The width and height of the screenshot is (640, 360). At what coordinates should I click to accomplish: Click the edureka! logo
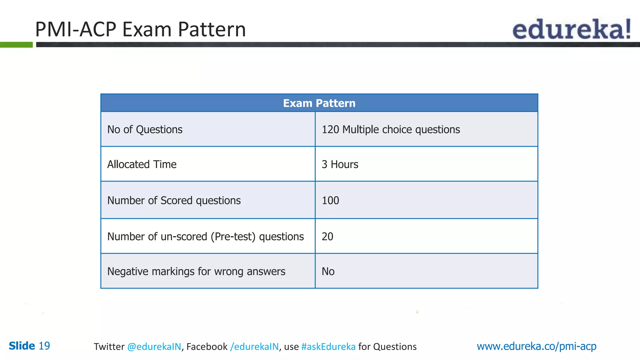(571, 29)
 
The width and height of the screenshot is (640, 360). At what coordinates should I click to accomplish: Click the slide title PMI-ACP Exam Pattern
(140, 29)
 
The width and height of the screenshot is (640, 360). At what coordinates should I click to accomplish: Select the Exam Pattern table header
(319, 103)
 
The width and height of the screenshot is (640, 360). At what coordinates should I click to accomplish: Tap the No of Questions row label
(145, 129)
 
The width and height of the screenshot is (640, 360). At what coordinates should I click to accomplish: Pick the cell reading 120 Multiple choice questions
(391, 129)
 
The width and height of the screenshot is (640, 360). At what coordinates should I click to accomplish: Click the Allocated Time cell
(142, 164)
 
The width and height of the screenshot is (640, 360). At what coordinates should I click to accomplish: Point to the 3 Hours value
(340, 164)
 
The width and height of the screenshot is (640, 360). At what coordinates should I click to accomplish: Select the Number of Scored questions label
(174, 200)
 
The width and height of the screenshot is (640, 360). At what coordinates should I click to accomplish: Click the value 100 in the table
(330, 200)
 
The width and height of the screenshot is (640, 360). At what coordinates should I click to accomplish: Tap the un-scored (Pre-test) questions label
(205, 237)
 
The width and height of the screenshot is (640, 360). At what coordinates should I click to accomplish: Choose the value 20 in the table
(327, 237)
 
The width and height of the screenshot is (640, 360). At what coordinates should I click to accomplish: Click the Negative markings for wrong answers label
(196, 271)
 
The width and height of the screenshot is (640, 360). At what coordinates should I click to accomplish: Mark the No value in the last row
(328, 271)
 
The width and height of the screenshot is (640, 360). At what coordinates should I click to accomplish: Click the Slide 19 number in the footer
(29, 346)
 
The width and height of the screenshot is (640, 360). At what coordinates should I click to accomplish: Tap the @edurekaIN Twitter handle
(154, 347)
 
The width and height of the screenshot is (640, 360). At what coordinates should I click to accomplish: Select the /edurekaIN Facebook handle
(254, 347)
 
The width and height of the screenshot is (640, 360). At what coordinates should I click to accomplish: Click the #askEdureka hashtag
(328, 347)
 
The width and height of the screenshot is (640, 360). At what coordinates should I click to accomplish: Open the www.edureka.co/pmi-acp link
(536, 346)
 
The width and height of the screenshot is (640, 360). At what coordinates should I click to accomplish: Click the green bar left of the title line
(16, 45)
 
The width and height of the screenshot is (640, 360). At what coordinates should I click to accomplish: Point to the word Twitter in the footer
(109, 347)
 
